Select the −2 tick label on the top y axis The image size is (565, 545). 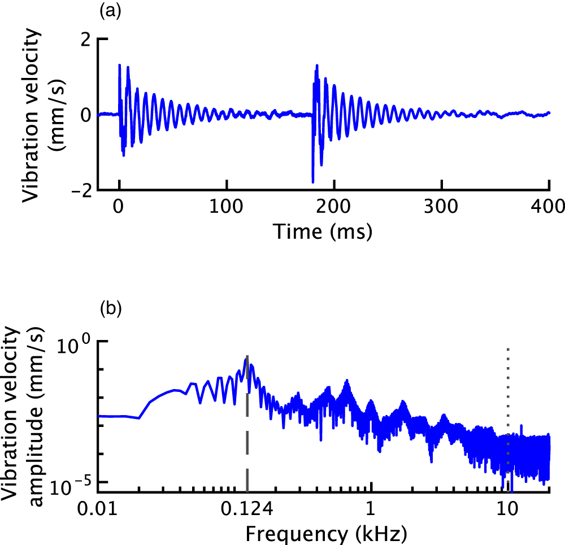81,190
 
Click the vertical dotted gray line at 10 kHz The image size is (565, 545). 508,395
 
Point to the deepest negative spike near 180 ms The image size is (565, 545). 312,181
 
